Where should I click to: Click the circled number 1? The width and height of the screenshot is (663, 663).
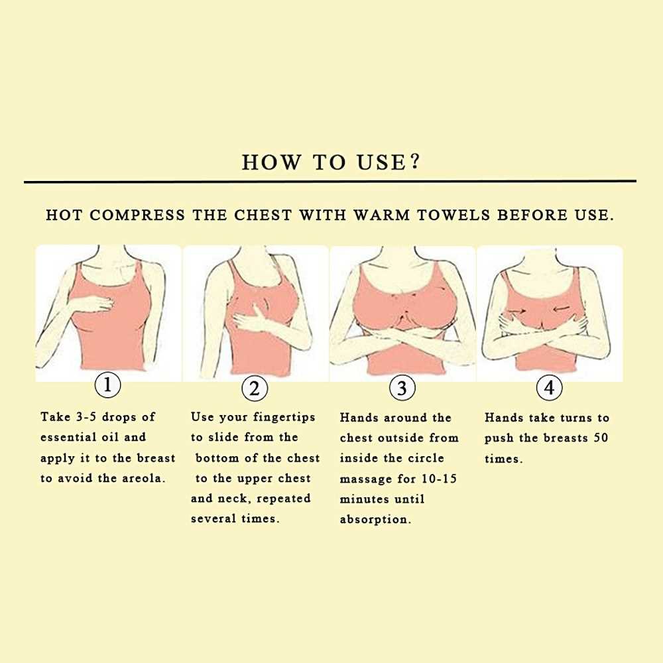point(108,385)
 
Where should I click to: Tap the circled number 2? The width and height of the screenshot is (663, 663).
point(255,388)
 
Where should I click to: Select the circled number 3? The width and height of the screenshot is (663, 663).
point(402,388)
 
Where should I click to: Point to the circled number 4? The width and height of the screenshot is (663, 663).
point(549,387)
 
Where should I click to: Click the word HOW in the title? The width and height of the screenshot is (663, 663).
point(271,162)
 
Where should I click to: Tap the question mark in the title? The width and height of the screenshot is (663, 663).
point(415,161)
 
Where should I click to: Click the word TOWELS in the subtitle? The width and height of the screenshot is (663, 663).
point(453,215)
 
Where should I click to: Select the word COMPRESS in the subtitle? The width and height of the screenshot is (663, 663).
point(137,215)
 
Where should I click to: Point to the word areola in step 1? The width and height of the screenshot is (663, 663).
point(144,478)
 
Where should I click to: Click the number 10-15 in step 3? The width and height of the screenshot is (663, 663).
point(440,479)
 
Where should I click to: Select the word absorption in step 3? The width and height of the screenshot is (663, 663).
point(375,520)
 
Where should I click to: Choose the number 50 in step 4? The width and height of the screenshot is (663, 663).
point(601,438)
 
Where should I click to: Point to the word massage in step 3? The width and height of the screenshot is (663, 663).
point(366,479)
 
